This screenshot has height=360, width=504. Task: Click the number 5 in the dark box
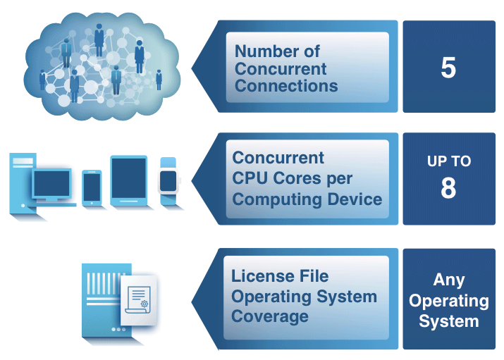448,68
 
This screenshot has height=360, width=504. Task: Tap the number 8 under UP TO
448,188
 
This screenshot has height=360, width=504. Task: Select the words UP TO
449,161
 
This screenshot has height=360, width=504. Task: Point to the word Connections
286,86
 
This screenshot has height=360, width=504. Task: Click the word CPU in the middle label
250,178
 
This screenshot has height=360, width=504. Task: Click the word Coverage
270,317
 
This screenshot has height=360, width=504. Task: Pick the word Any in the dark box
449,280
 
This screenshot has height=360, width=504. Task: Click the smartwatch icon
168,181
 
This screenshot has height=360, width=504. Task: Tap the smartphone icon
92,188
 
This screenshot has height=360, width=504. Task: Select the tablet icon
128,180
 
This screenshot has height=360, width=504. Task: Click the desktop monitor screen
51,183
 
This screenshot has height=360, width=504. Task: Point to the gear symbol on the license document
145,304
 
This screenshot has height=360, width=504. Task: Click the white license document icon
139,300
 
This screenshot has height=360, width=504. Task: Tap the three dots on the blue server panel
118,330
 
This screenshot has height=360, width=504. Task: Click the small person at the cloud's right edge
159,80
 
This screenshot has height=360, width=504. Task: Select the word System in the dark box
449,321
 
